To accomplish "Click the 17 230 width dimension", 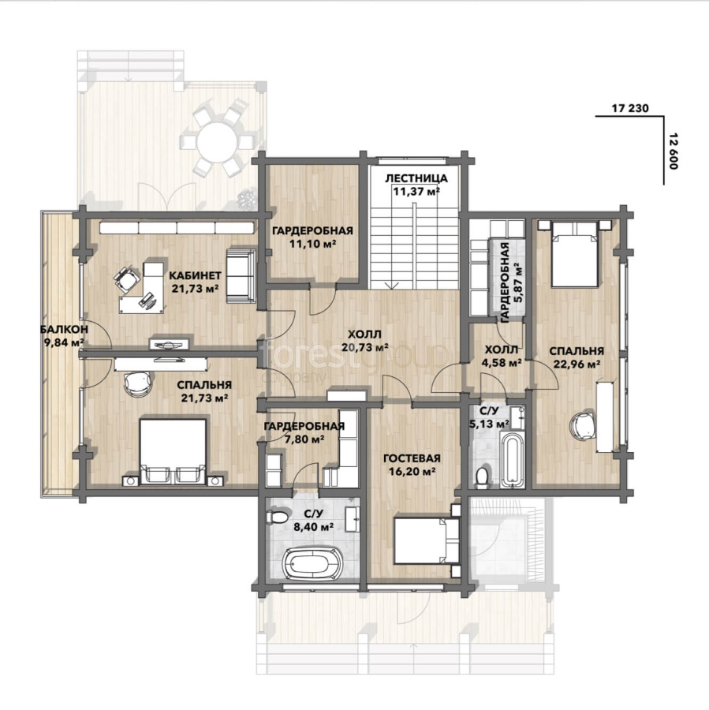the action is click(x=630, y=108).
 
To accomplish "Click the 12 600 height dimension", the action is click(x=673, y=151).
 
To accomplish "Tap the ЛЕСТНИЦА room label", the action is click(x=416, y=178).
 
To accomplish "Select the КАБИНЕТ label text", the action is click(x=195, y=275).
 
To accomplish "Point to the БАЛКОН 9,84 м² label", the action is click(x=64, y=335).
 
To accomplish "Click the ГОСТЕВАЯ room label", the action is click(x=412, y=458).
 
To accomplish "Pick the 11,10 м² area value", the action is click(x=312, y=244).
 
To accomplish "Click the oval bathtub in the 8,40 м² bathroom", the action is click(x=312, y=563).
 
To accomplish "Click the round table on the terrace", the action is click(x=217, y=142).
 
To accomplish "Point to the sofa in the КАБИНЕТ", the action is click(x=241, y=275).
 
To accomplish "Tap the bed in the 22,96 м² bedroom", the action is click(x=574, y=254).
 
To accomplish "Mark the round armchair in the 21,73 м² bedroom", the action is click(x=137, y=383).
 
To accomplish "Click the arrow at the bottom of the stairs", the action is click(x=392, y=286).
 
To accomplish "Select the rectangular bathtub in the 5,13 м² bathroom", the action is click(x=512, y=460).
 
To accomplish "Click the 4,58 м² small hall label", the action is click(x=502, y=356).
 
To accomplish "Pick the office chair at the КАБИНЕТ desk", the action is click(x=126, y=278).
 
